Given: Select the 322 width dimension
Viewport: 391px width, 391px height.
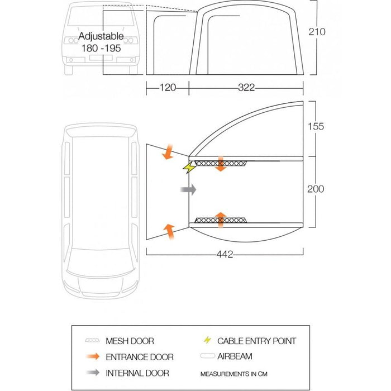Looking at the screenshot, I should click(x=246, y=87).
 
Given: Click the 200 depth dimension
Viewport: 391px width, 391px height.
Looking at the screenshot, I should click(x=316, y=189).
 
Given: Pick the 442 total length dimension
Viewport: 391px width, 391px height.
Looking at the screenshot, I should click(x=225, y=255).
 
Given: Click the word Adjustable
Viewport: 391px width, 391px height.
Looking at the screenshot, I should click(x=101, y=37).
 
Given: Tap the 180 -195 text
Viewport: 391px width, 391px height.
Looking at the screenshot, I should click(x=101, y=49).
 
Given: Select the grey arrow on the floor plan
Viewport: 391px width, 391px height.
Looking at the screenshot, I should click(x=189, y=190).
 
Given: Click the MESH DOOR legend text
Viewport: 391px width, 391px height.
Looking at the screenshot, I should click(x=130, y=341).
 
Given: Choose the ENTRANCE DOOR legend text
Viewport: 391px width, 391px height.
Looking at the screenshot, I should click(x=140, y=357).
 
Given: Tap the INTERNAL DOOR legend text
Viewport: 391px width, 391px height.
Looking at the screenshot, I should click(x=137, y=373).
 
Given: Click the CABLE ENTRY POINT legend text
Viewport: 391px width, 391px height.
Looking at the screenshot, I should click(x=256, y=341).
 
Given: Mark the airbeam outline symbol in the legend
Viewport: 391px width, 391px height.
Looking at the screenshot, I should click(x=207, y=356).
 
